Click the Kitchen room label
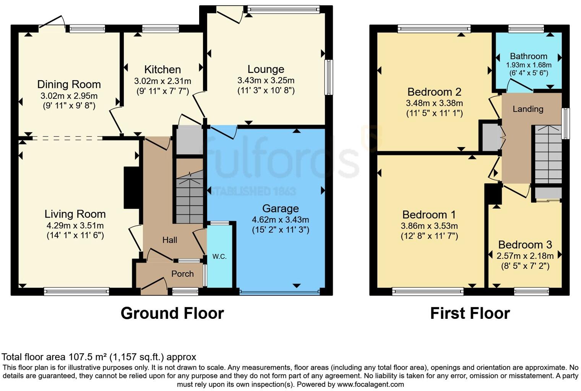(162, 69)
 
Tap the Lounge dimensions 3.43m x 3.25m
(266, 81)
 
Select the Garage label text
(280, 208)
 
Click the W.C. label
(219, 257)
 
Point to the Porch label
(182, 274)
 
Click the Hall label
(170, 240)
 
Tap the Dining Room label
(69, 84)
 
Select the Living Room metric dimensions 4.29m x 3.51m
(75, 226)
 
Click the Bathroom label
(528, 56)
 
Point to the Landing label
(527, 109)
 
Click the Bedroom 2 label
(434, 92)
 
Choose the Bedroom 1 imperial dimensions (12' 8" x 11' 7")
(429, 236)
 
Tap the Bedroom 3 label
(525, 245)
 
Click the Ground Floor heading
(172, 313)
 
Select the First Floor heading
(470, 313)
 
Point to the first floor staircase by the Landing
(548, 155)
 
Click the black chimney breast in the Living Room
(131, 187)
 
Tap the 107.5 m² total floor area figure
(88, 357)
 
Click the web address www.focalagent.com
(370, 385)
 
